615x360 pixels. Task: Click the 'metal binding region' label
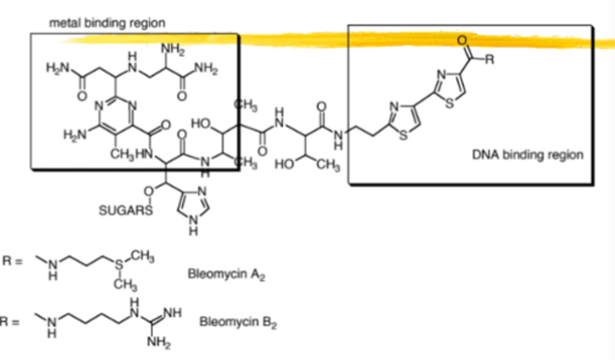pos(107,23)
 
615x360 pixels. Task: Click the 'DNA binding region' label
pos(527,155)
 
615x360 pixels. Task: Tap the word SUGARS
pos(126,211)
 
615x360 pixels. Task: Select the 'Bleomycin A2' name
pos(226,274)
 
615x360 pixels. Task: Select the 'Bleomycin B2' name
pos(238,322)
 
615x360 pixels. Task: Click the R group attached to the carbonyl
pos(489,59)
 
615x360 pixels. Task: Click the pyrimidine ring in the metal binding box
pos(116,116)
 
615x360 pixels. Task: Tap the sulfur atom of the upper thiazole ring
pos(449,103)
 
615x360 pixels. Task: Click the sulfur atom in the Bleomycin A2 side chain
pos(119,264)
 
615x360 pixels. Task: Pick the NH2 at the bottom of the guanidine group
pos(159,342)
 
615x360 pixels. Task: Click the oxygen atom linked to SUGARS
pos(149,191)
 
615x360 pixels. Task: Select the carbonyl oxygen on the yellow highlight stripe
pos(462,41)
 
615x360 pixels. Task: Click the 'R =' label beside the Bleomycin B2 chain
pos(10,321)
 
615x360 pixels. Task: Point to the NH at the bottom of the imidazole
pos(193,225)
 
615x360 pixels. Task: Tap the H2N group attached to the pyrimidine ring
pos(75,135)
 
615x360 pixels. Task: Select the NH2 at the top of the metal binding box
pos(173,50)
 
